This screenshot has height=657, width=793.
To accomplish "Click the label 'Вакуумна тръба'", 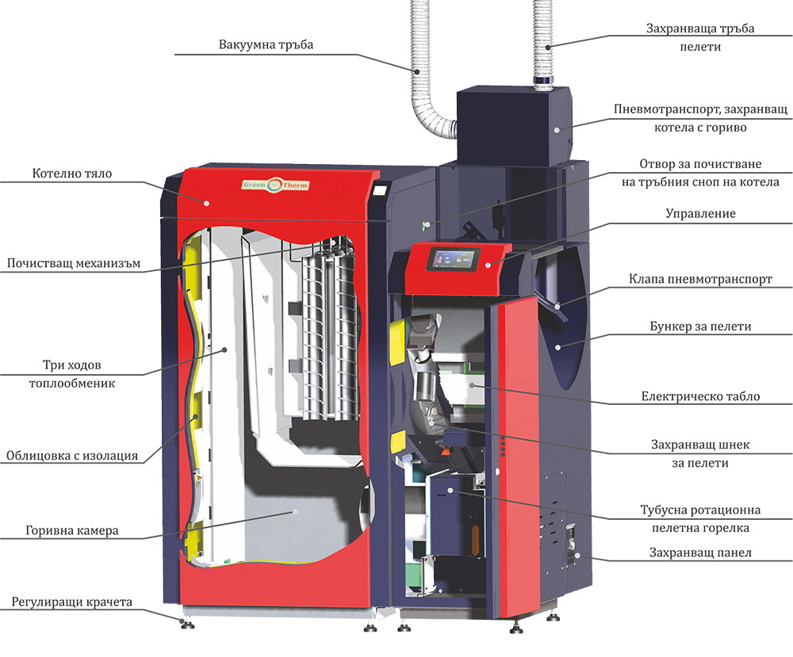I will click(266, 44).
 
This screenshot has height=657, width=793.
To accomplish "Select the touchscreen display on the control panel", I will click(454, 261).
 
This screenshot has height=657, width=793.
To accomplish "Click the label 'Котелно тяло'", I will click(71, 173).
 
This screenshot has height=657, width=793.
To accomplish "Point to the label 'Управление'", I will click(700, 213).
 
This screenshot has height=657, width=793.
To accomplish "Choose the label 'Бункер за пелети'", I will click(701, 327).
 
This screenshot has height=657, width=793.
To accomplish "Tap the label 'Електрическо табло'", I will click(700, 396).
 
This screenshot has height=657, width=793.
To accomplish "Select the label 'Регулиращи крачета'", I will click(71, 602).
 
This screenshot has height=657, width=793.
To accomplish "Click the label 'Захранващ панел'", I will click(700, 552).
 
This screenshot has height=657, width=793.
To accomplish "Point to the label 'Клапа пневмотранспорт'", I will click(700, 279).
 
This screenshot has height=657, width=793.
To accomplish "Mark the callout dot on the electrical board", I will click(472, 384).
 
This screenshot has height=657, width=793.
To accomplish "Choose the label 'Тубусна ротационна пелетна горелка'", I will click(700, 518).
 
